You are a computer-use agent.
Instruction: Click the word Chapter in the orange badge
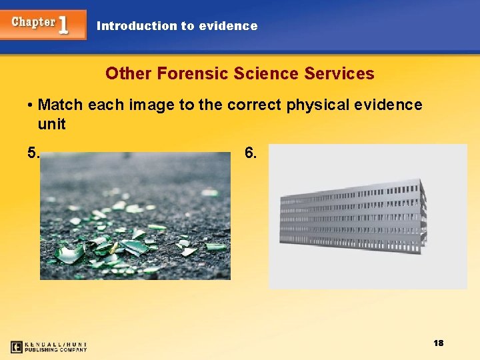(x=33, y=22)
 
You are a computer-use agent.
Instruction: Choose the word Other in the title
(x=129, y=73)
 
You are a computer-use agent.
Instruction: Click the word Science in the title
(x=266, y=73)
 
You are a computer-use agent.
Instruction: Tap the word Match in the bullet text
(x=60, y=105)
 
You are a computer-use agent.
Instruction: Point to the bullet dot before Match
(x=31, y=105)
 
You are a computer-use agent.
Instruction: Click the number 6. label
(x=251, y=153)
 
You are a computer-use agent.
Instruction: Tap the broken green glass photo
(x=135, y=215)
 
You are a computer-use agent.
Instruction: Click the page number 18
(x=438, y=343)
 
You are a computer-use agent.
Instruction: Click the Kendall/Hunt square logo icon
(x=17, y=347)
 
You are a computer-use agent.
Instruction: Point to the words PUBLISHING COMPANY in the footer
(x=56, y=349)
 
